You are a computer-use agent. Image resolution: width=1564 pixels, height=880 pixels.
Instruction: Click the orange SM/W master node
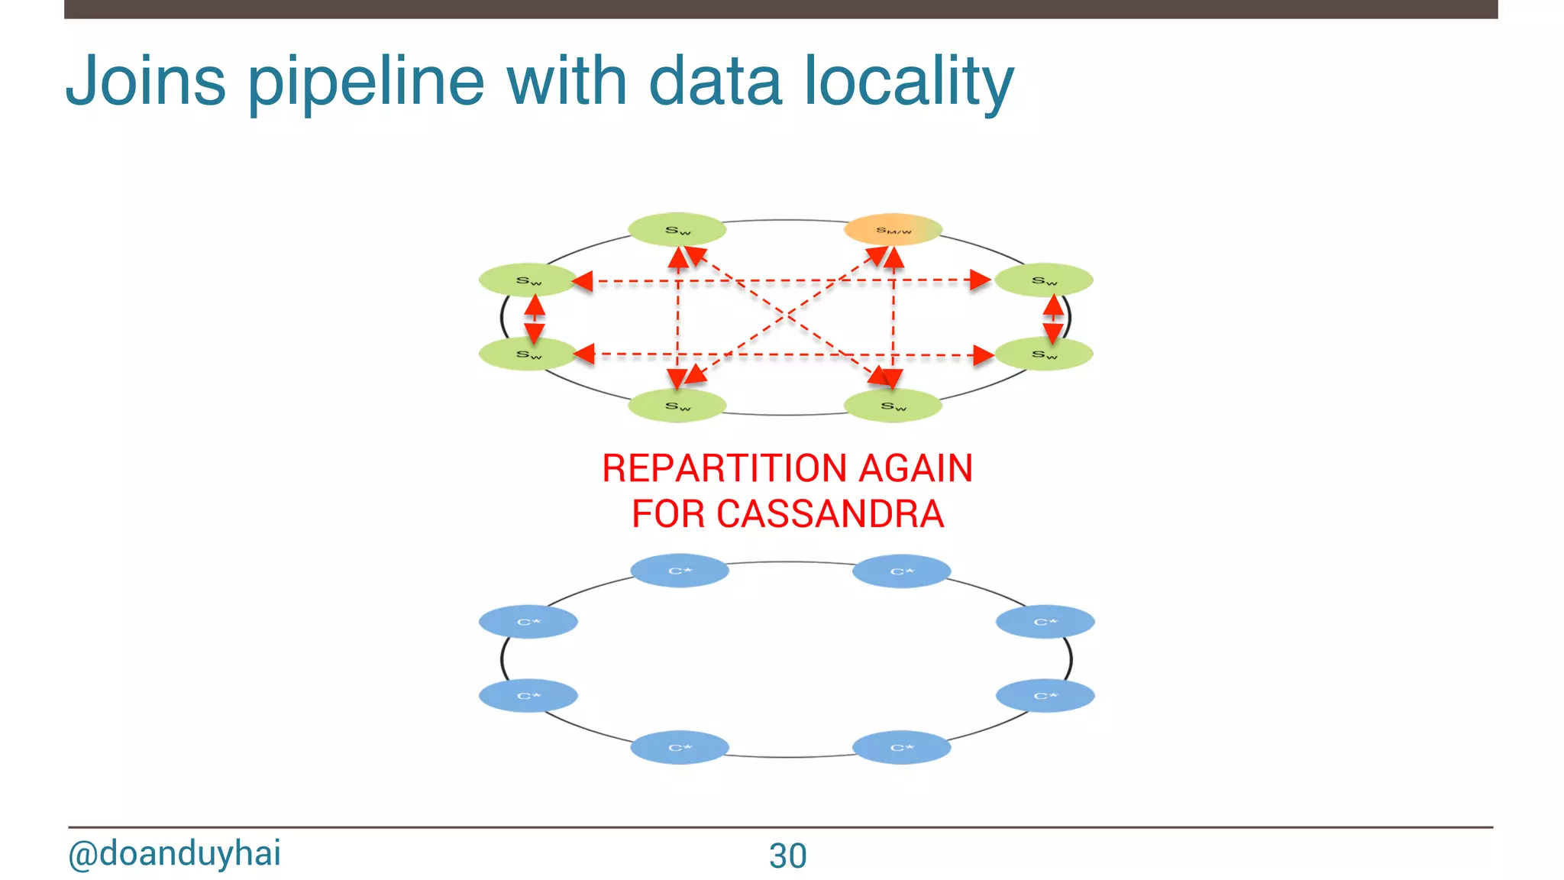[892, 229]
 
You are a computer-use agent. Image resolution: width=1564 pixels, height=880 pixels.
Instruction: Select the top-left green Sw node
[677, 229]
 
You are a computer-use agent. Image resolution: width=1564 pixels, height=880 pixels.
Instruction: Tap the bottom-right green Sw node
[892, 406]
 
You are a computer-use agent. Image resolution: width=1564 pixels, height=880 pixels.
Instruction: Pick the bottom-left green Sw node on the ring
[677, 406]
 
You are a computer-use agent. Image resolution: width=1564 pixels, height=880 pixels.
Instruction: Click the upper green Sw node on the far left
[528, 280]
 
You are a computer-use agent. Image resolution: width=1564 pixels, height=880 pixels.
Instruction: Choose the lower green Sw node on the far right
[1044, 354]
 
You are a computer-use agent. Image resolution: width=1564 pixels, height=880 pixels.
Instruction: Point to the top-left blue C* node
[680, 571]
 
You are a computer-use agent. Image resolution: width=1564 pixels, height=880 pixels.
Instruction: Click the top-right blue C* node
[901, 571]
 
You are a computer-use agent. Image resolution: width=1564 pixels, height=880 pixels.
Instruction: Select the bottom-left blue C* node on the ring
[680, 747]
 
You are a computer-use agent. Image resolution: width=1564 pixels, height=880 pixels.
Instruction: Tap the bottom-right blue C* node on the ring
[901, 747]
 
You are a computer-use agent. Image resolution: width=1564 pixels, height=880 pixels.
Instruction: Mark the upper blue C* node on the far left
[528, 622]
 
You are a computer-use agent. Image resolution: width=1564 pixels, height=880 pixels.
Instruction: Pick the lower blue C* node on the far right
[1045, 696]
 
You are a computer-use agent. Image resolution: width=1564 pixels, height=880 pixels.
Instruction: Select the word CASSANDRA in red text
[829, 513]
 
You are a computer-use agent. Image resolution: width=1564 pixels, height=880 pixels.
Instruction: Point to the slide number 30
[787, 856]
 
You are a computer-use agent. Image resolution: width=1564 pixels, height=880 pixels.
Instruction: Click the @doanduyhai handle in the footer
[174, 853]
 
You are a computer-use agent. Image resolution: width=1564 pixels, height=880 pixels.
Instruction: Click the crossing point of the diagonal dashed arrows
[787, 315]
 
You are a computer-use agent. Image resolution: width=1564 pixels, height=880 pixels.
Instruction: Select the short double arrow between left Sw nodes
[535, 318]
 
